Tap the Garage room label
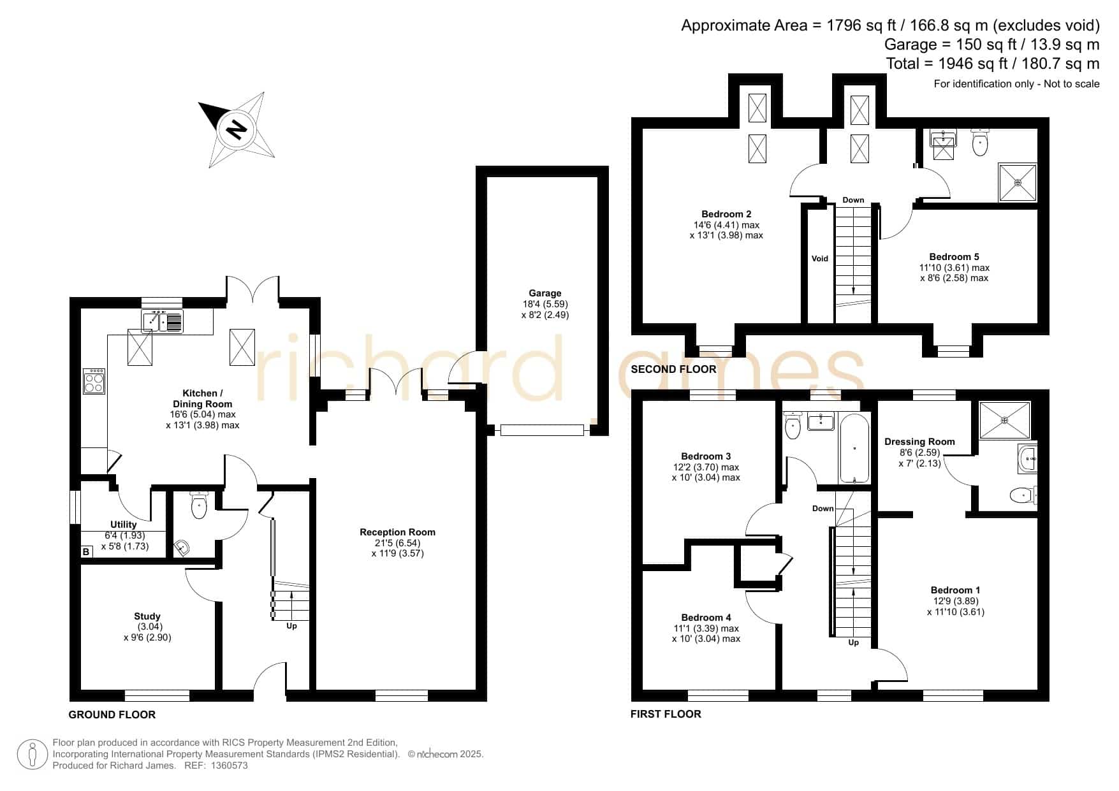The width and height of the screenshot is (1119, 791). coord(545,293)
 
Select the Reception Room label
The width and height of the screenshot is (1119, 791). coord(397,532)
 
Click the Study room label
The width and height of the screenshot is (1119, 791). coord(147,616)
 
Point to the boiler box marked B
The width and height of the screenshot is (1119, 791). coord(87,552)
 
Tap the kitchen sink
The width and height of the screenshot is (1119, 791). coord(163,321)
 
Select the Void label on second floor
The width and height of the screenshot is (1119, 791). coord(820,258)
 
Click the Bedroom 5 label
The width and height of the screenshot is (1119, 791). coord(954,257)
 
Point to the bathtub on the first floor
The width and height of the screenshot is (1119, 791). coord(854,448)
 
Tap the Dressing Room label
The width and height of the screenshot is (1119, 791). coord(919,442)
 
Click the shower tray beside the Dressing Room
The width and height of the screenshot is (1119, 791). coord(1005,420)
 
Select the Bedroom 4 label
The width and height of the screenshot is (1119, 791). coord(706,617)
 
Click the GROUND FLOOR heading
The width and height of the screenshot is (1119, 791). coord(112,715)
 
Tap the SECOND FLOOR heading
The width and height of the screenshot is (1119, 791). coord(673,369)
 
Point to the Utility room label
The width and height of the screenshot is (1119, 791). coord(124,525)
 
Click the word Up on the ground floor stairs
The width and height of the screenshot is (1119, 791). coord(291,626)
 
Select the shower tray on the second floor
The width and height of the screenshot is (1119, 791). coord(1018,183)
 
